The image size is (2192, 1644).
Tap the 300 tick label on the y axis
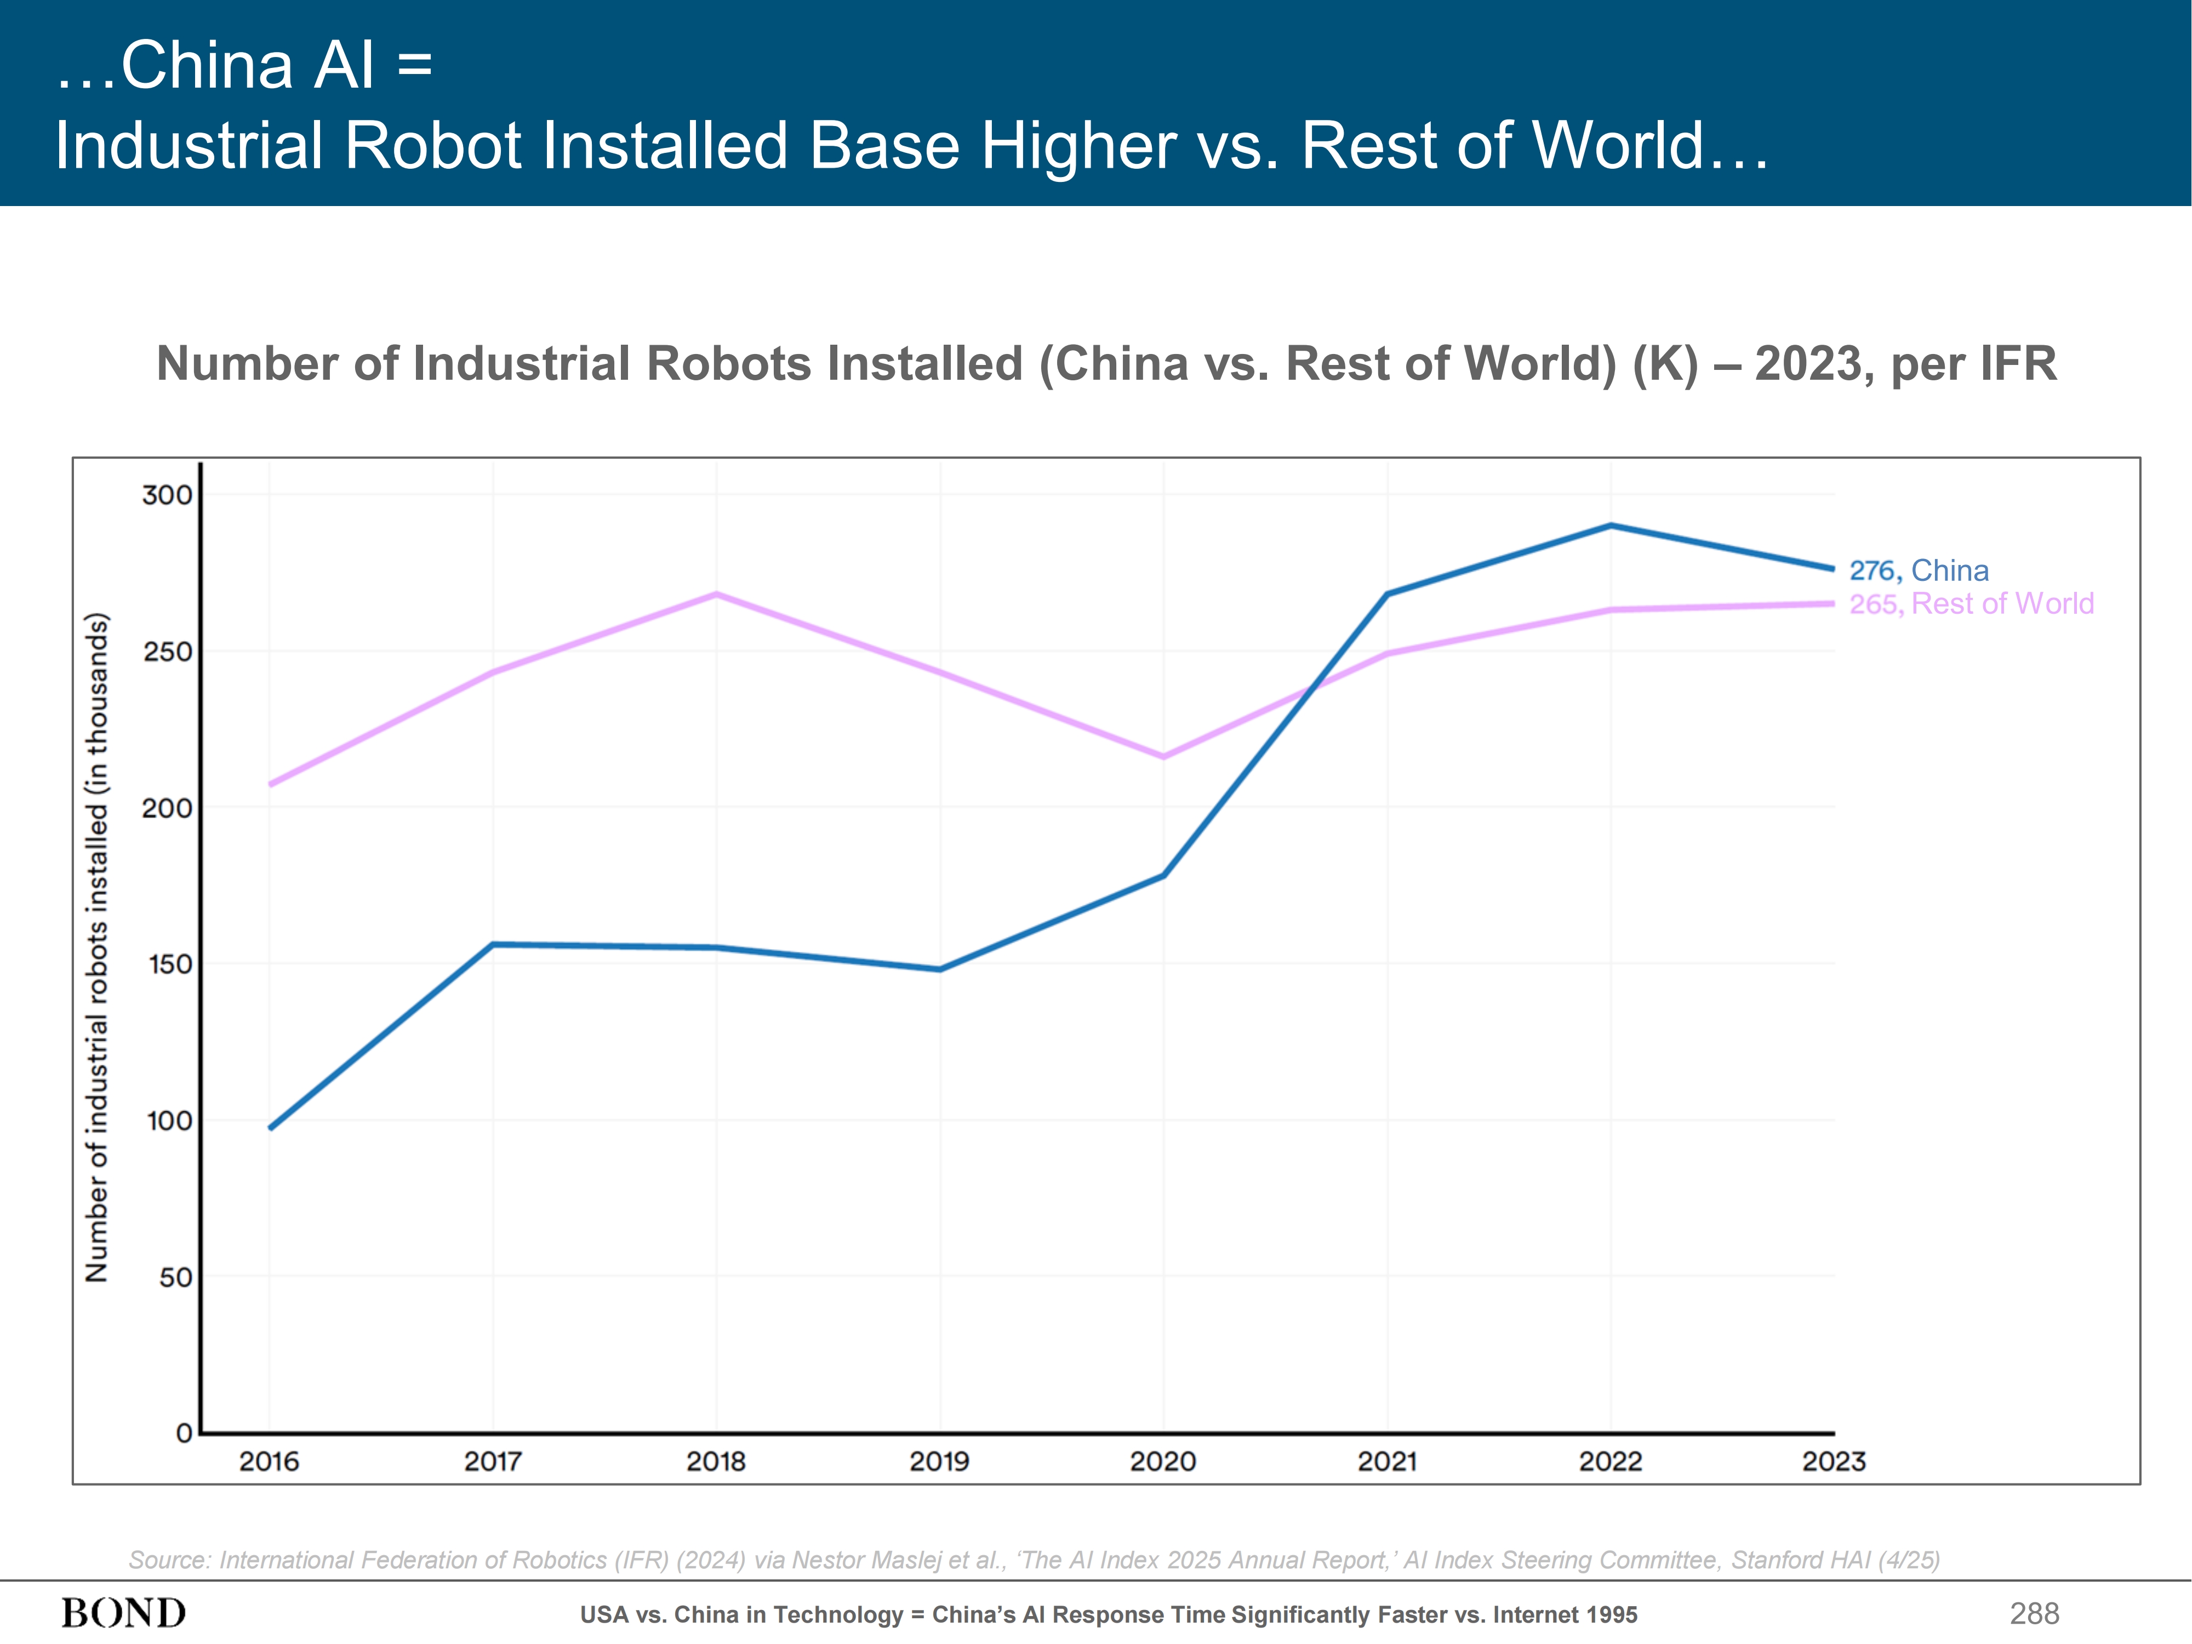168,494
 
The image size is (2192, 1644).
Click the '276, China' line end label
1919,571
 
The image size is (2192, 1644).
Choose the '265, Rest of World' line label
1971,603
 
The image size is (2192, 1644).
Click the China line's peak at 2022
1611,525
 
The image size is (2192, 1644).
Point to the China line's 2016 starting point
271,1128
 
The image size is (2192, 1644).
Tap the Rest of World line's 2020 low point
1163,757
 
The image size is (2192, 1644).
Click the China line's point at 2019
939,969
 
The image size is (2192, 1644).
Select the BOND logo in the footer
124,1613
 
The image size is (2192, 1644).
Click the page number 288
2034,1613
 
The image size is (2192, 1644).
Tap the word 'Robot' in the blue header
431,146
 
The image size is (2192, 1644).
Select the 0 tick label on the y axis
184,1433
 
